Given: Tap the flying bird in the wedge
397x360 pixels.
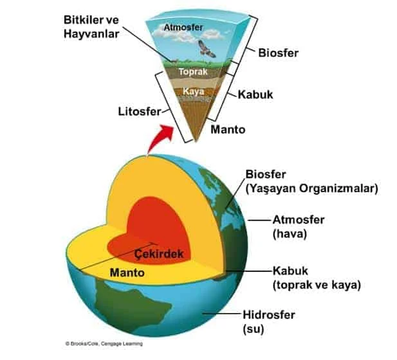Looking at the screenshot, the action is [207, 49].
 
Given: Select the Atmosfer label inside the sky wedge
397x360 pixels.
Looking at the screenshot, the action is [183, 28].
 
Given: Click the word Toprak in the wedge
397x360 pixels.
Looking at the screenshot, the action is [193, 71].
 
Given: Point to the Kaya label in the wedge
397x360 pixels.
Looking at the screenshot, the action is [193, 91].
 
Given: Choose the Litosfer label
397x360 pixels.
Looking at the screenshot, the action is [140, 112].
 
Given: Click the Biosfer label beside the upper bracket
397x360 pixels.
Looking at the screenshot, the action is [278, 53].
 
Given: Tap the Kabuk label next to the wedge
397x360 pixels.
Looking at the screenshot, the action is [255, 94].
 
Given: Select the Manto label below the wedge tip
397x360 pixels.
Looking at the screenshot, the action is [228, 130].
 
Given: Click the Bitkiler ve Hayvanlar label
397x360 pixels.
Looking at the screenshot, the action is [91, 27].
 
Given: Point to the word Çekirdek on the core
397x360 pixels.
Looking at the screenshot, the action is [159, 253].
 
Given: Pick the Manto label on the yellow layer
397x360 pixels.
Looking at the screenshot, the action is [127, 273].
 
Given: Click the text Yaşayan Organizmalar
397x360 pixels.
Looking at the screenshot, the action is [311, 188].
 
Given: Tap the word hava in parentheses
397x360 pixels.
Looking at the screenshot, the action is [290, 234].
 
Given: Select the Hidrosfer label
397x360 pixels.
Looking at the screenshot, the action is [269, 315].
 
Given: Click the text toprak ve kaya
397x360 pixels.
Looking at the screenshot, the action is [317, 285].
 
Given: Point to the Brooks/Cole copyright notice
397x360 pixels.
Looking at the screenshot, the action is [104, 343].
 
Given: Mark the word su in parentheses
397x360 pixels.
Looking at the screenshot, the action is [254, 329].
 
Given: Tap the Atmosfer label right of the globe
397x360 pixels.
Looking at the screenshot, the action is [299, 220].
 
